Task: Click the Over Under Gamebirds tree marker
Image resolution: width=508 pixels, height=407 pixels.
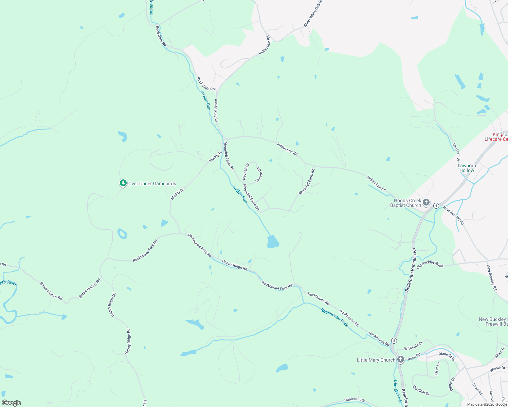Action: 123,183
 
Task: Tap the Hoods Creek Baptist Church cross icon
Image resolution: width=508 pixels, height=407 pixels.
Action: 426,203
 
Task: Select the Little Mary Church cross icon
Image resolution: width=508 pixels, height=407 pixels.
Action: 401,360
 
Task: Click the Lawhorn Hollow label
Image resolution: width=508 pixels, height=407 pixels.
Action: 467,168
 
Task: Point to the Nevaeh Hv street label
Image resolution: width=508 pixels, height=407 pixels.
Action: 246,171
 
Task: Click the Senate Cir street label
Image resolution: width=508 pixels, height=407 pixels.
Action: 259,175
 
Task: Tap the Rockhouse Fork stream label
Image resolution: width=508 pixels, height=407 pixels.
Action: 334,317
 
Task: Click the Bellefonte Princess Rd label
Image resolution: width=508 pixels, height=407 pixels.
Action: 411,270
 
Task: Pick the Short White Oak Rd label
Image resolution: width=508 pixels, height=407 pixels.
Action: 313,14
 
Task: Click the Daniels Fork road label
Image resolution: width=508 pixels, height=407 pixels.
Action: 354,400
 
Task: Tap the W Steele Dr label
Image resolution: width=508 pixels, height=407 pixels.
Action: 413,346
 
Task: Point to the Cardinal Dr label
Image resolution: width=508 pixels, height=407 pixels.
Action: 421,390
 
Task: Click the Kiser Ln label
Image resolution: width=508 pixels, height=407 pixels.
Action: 437,369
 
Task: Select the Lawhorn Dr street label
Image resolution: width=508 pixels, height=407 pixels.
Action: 456,152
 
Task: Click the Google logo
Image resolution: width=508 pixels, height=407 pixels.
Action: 11,403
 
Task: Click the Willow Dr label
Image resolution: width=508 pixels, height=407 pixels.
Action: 497,368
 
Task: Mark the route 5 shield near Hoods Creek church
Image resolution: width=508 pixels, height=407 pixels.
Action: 436,206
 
